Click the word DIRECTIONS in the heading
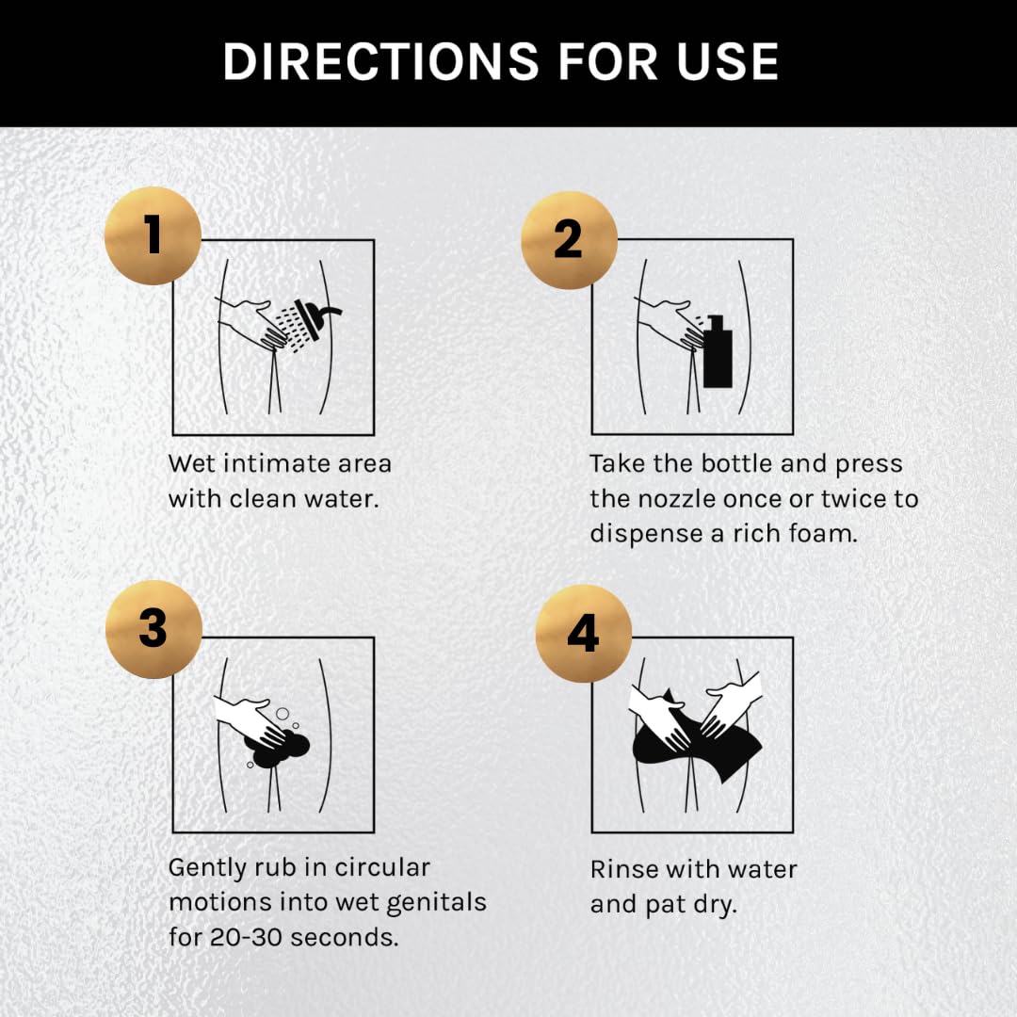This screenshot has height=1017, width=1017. pyautogui.click(x=380, y=62)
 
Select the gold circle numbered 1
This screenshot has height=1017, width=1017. pyautogui.click(x=153, y=235)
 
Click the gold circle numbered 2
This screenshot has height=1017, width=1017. pyautogui.click(x=569, y=240)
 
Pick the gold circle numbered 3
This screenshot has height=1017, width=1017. pyautogui.click(x=153, y=629)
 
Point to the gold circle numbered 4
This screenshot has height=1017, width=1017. pyautogui.click(x=583, y=634)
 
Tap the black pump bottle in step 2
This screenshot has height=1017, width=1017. pyautogui.click(x=718, y=351)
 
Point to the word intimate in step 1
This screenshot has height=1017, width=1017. pyautogui.click(x=280, y=463)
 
